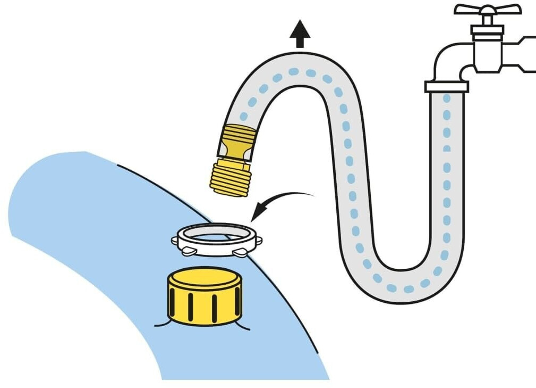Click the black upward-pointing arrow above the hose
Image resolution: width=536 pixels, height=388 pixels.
click(x=300, y=34)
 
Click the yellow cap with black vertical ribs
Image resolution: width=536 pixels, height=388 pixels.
click(x=205, y=296)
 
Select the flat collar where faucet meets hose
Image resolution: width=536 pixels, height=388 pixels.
click(x=446, y=86)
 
